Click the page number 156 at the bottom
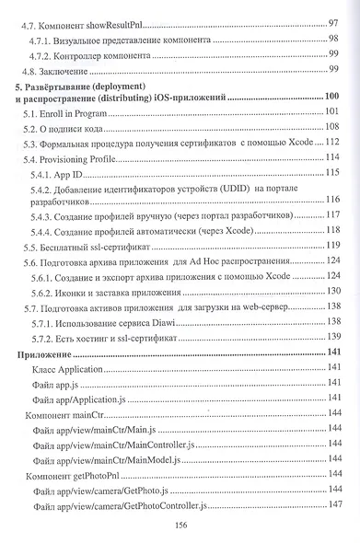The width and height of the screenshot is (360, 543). pyautogui.click(x=181, y=524)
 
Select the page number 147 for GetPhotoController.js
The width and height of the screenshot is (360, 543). pyautogui.click(x=335, y=504)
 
